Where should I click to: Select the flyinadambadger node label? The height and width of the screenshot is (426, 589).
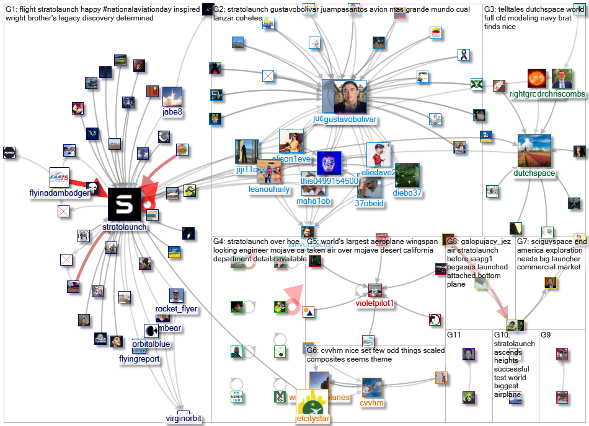coord(60,193)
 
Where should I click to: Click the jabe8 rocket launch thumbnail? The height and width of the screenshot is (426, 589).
coord(172,97)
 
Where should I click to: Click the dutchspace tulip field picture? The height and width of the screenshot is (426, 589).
coord(534,150)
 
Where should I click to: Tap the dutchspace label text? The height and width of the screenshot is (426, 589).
coord(534,174)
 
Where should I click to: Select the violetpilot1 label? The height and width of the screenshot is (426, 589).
coord(374,303)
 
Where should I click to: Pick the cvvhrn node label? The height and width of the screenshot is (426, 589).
coord(372,402)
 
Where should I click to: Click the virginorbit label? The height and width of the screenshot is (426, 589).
coord(184,418)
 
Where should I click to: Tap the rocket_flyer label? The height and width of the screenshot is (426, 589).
coord(176,309)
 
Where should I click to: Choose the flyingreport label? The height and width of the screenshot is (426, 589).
coord(139,359)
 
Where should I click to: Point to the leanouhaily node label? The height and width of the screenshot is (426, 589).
coord(269,189)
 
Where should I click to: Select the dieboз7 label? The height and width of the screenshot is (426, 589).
coord(407,193)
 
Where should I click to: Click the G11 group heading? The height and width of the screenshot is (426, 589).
coord(454,335)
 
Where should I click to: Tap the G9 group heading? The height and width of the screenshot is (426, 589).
coord(546,335)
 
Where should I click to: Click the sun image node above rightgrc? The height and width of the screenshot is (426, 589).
coord(537,78)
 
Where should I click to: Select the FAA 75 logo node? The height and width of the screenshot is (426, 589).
coord(60,177)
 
